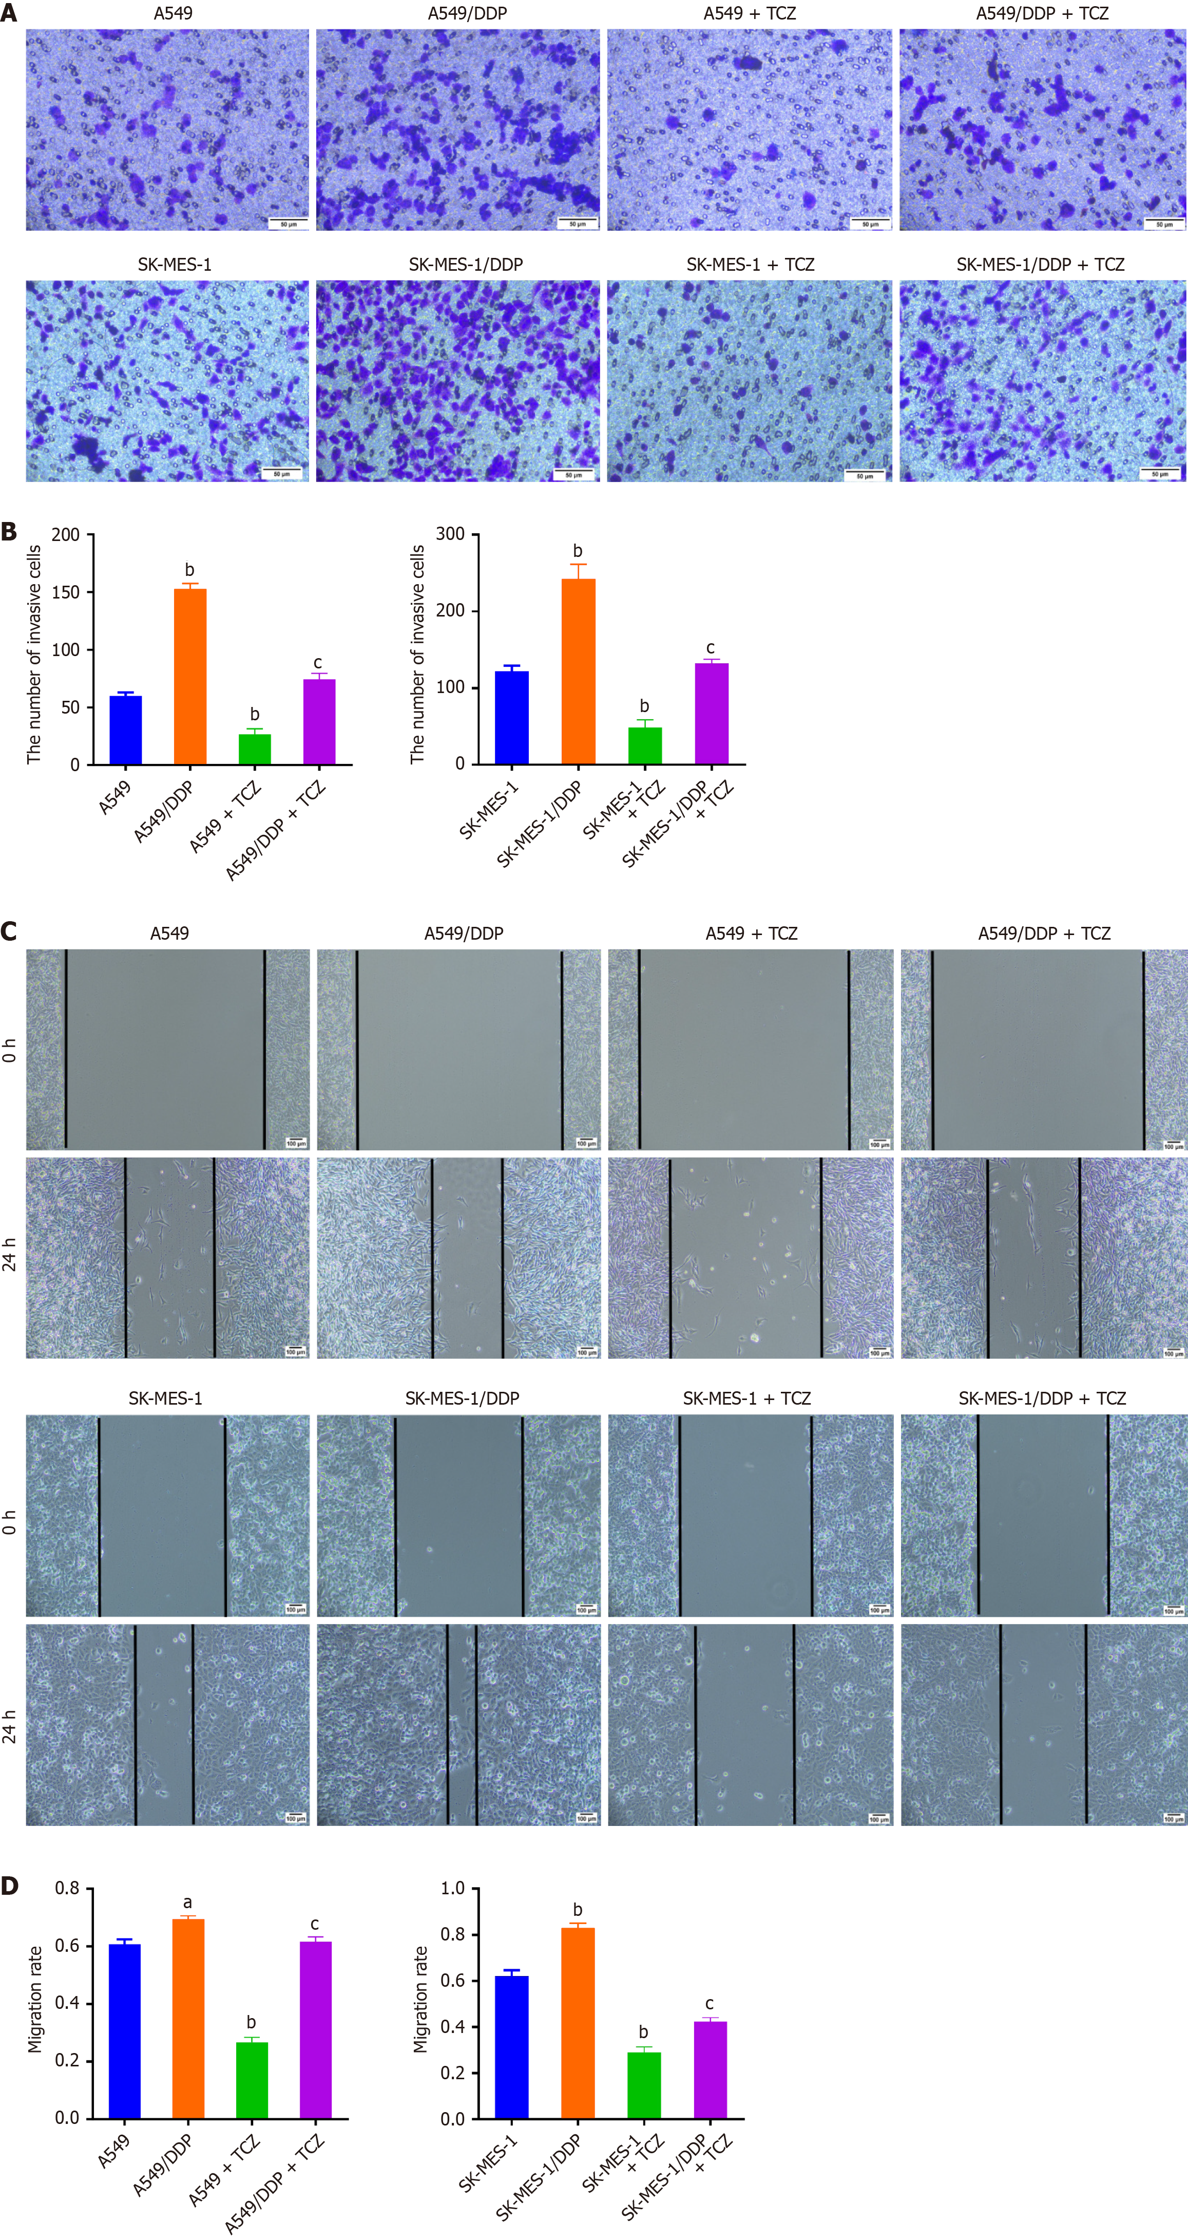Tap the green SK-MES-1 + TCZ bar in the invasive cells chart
pyautogui.click(x=644, y=745)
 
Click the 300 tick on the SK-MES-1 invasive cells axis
pyautogui.click(x=450, y=534)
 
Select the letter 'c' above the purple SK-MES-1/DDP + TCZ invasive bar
pyautogui.click(x=711, y=648)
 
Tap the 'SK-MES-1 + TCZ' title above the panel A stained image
pyautogui.click(x=750, y=264)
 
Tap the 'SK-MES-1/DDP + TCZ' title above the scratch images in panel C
pyautogui.click(x=1042, y=1398)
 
